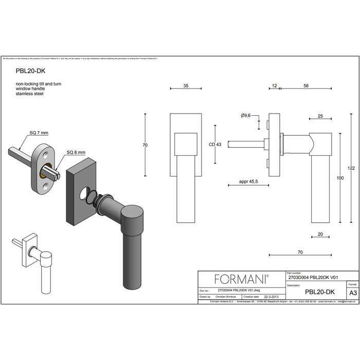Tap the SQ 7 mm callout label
pyautogui.click(x=39, y=133)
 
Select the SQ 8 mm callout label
pyautogui.click(x=76, y=153)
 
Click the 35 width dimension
pyautogui.click(x=185, y=87)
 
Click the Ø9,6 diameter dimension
pyautogui.click(x=245, y=116)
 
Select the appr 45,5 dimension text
pyautogui.click(x=248, y=182)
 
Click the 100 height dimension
pyautogui.click(x=340, y=178)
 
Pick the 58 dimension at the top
pyautogui.click(x=306, y=87)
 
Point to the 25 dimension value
pyautogui.click(x=320, y=117)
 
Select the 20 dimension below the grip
pyautogui.click(x=320, y=234)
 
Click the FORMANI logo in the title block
pyautogui.click(x=241, y=279)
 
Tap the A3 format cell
pyautogui.click(x=352, y=292)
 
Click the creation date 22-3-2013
pyautogui.click(x=272, y=297)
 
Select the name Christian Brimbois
pyautogui.click(x=224, y=297)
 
